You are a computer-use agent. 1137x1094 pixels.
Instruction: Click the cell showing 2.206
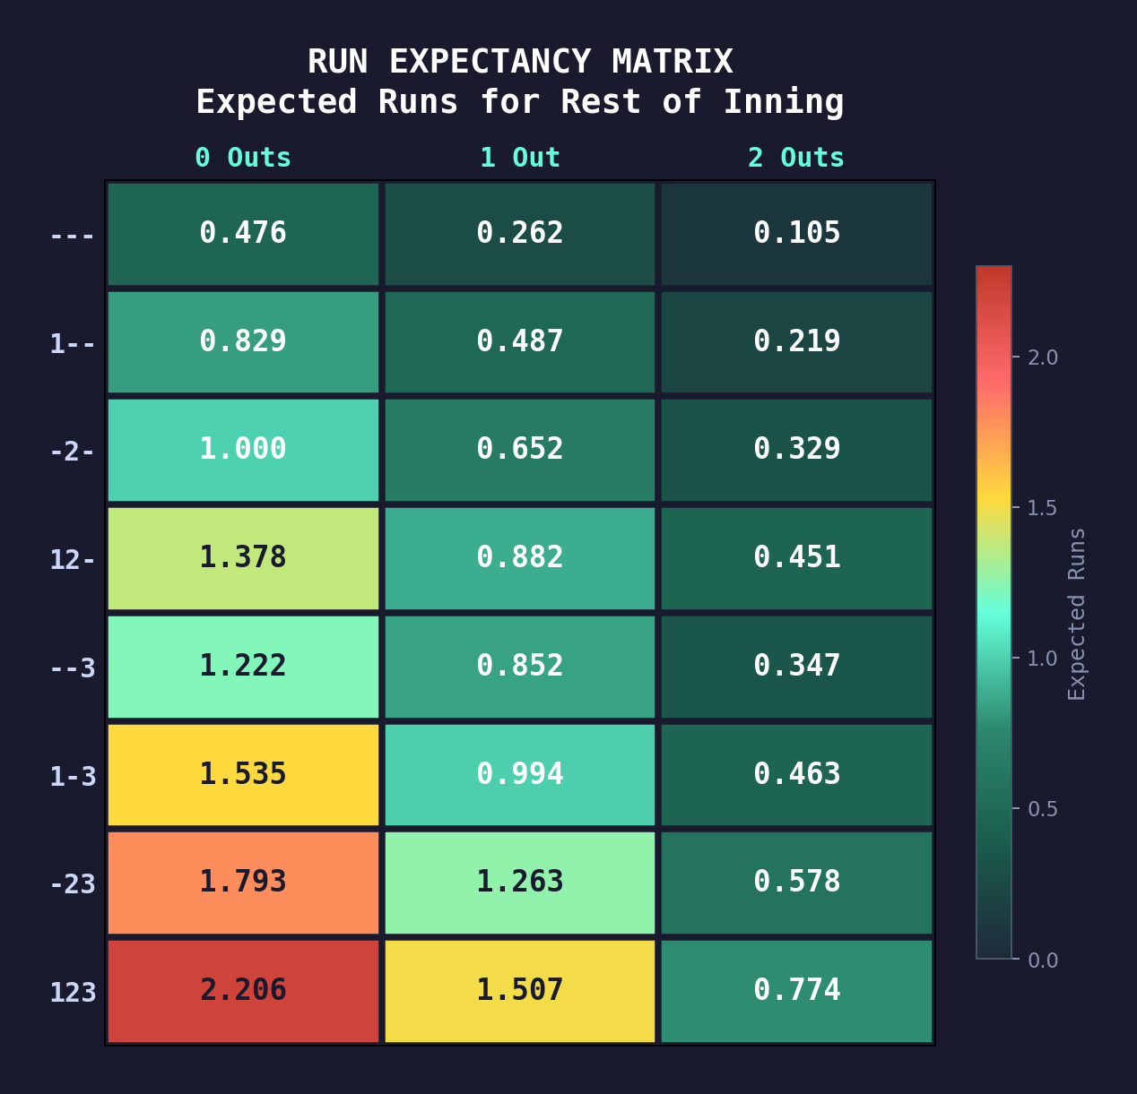[x=243, y=991]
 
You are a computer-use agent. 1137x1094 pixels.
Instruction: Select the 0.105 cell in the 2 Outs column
[x=796, y=234]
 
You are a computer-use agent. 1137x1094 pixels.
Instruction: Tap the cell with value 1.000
[x=243, y=450]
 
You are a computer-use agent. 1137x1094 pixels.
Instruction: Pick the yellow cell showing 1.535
[x=243, y=774]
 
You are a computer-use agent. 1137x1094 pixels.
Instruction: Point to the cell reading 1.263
[x=520, y=883]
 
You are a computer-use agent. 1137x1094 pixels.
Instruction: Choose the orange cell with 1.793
[x=243, y=883]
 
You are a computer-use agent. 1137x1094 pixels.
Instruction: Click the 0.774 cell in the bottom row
[x=796, y=991]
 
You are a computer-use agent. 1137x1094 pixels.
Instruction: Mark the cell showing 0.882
[x=520, y=558]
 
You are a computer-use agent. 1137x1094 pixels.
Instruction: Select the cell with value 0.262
[x=520, y=234]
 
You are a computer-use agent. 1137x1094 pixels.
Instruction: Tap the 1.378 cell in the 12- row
[x=243, y=558]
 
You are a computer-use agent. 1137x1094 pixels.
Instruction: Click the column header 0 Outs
[x=243, y=158]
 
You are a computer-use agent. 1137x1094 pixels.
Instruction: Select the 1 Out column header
[x=520, y=158]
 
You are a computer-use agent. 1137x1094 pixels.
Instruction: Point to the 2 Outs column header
[x=796, y=158]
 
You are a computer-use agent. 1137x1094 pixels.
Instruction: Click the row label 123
[x=73, y=993]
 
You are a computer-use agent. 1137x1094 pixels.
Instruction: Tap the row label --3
[x=73, y=668]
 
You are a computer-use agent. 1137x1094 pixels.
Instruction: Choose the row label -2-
[x=73, y=452]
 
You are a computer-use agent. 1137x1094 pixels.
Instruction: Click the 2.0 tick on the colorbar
[x=1042, y=357]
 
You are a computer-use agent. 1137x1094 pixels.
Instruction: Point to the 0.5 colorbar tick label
[x=1042, y=809]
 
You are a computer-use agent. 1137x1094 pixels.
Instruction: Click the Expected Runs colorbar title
[x=1077, y=614]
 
